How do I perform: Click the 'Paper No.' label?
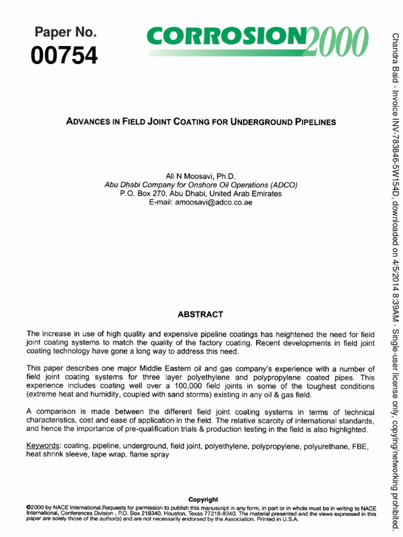pos(66,33)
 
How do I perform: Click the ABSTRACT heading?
pos(200,315)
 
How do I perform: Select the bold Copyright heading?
pos(203,499)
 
